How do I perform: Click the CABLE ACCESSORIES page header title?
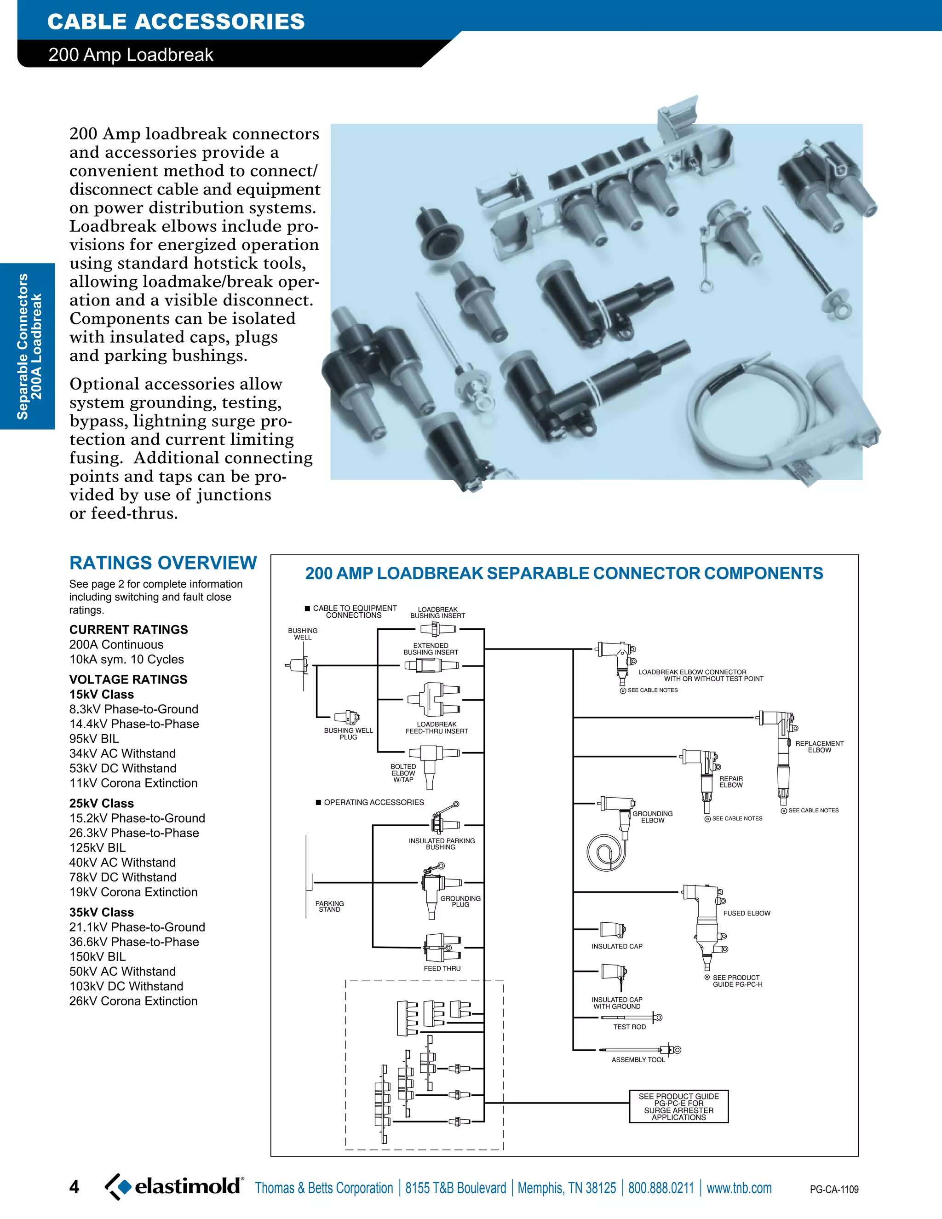tap(176, 22)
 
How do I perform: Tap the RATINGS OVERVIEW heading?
tap(163, 563)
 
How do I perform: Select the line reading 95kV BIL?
tap(94, 738)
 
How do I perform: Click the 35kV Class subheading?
tap(102, 912)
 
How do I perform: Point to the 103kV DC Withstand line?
tap(126, 986)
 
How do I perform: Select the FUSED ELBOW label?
tap(746, 913)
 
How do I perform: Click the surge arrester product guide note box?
tap(678, 1106)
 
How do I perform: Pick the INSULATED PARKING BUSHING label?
tap(442, 843)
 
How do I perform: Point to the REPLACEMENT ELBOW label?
tap(819, 746)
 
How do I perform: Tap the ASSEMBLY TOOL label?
tap(638, 1059)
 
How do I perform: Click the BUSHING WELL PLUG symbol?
tap(346, 717)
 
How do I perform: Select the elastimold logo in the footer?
tap(175, 1186)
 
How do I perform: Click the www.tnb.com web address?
tap(739, 1188)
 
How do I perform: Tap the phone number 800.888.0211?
tap(661, 1188)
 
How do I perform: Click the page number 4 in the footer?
tap(74, 1187)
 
